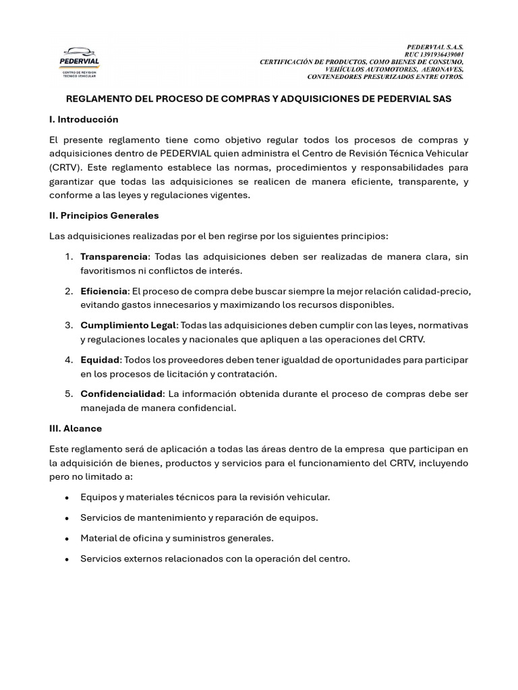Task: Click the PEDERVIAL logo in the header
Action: (x=80, y=62)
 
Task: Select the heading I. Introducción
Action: (x=84, y=119)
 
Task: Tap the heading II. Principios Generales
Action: (x=104, y=216)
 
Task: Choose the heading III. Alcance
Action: (x=76, y=429)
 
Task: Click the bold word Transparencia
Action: (x=113, y=257)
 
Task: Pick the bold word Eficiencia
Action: (x=104, y=291)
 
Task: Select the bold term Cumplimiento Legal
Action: (x=127, y=325)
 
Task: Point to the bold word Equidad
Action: (x=100, y=360)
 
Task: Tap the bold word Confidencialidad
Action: (x=121, y=394)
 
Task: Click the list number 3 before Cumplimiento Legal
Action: (x=69, y=325)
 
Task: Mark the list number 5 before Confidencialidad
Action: (x=69, y=394)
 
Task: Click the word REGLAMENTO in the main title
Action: (x=96, y=98)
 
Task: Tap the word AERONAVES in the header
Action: (x=442, y=69)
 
